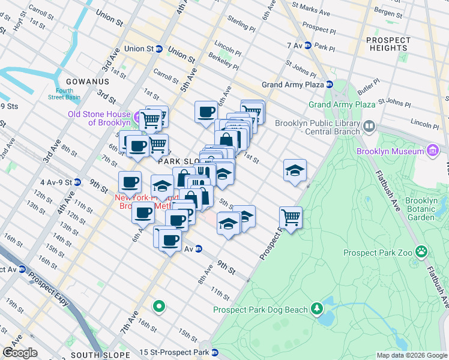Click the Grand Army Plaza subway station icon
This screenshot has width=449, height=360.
point(330,85)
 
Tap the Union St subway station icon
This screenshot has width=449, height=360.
point(159,49)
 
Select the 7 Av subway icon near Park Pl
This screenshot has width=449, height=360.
point(307,46)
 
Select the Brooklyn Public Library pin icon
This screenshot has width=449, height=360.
point(369,127)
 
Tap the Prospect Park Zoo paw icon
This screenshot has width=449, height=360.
point(421,251)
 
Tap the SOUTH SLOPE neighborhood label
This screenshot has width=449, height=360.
point(100,355)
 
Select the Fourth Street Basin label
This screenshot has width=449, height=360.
point(61,95)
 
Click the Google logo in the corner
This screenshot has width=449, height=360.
point(20,353)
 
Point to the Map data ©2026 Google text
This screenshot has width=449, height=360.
point(412,355)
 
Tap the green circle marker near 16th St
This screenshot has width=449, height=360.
point(158,307)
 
